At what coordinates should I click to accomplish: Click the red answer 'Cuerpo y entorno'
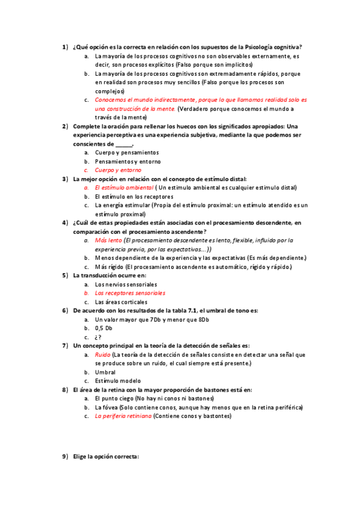[118, 170]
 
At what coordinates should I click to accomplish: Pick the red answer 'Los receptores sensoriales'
[130, 293]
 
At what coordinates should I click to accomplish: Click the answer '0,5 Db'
[104, 328]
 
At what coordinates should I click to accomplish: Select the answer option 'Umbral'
[105, 372]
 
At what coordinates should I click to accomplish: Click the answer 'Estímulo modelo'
[118, 381]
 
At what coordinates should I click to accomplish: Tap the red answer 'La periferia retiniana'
[123, 416]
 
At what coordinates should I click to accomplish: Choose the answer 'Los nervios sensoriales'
[126, 284]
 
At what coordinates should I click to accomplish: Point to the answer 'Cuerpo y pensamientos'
[127, 153]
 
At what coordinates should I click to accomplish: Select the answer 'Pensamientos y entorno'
[128, 162]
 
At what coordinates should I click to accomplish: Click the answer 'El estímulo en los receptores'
[134, 197]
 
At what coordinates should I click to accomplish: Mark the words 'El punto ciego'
[114, 398]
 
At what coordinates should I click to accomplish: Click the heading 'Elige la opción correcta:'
[106, 456]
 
